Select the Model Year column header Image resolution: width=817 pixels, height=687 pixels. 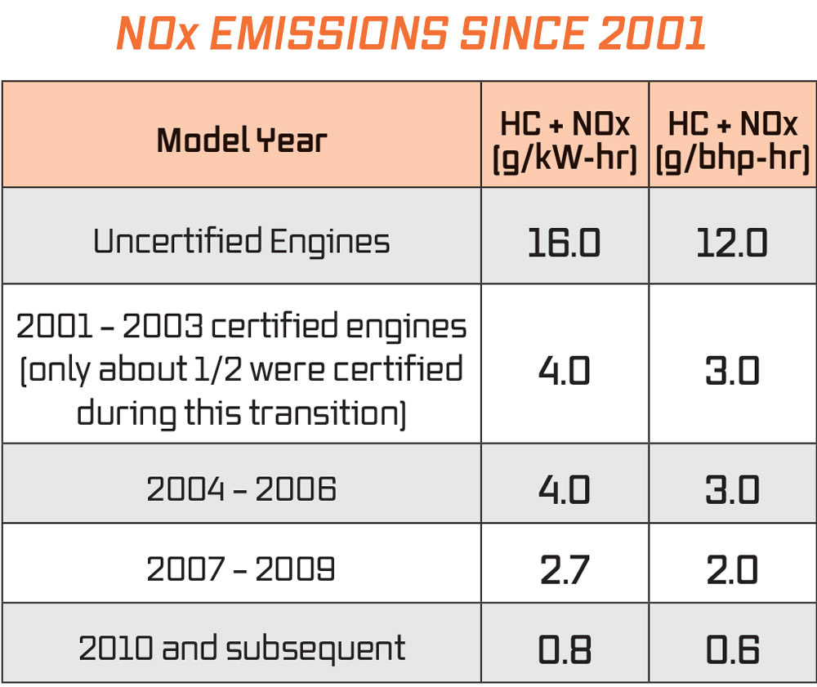pos(242,141)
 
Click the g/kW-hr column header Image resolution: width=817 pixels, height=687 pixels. pos(565,141)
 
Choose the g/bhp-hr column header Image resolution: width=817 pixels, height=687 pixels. pos(733,141)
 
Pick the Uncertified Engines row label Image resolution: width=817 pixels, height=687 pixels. pos(242,242)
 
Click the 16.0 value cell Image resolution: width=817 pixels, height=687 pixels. pos(565,243)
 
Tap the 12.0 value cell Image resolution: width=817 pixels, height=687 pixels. pos(732,243)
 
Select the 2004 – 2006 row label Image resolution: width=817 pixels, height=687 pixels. pos(242,489)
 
